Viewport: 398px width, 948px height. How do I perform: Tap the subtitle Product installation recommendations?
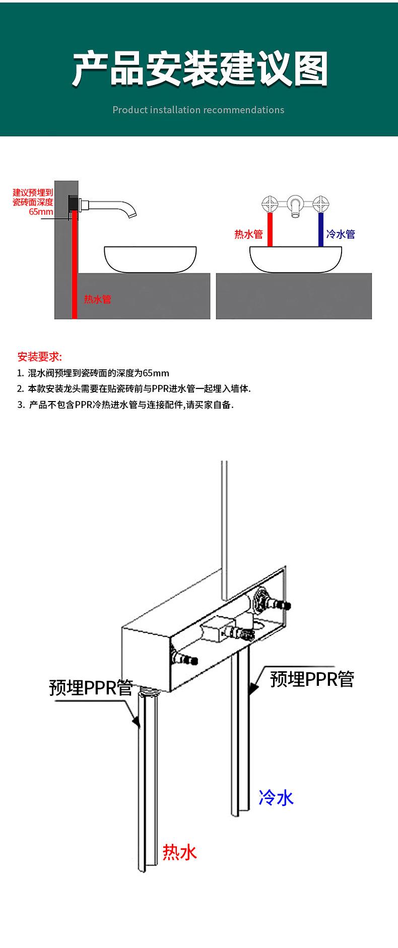tap(198, 110)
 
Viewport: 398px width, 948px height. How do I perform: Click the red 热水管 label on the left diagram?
tap(97, 299)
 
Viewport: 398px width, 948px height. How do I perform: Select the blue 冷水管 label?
tap(341, 234)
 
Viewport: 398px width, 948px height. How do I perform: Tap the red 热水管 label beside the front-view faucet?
tap(248, 234)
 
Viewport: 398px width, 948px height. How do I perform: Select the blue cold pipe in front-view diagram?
tap(320, 229)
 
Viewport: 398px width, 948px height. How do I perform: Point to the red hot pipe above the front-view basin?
tap(270, 229)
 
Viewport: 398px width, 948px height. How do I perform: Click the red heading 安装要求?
tap(39, 357)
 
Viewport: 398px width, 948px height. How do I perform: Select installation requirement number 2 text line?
tap(134, 388)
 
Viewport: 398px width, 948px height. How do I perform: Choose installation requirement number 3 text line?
tap(125, 405)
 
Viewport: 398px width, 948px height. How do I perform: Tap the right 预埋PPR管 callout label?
tap(312, 679)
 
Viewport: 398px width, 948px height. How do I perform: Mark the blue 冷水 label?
tap(276, 798)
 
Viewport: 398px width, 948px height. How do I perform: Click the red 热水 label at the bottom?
tap(179, 852)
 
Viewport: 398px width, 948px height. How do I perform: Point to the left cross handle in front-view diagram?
tap(270, 204)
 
